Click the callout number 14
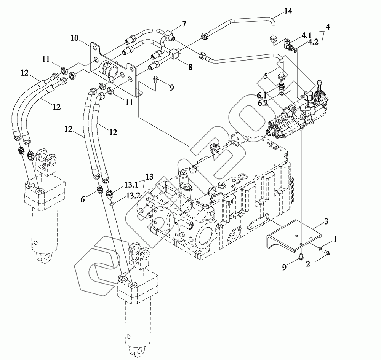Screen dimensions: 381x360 [288, 11]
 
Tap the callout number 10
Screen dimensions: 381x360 [75, 38]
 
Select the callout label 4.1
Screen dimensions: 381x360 [306, 36]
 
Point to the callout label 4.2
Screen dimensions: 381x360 [313, 42]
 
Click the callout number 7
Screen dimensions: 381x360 [184, 24]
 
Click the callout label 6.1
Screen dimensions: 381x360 [262, 96]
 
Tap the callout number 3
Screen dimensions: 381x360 [327, 221]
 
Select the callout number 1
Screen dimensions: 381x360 [335, 240]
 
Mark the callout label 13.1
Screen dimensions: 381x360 [131, 185]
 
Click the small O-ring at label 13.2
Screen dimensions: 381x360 [112, 205]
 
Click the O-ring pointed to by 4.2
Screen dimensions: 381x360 [295, 51]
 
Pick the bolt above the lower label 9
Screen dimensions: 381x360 [301, 256]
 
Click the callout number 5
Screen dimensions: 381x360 [266, 76]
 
